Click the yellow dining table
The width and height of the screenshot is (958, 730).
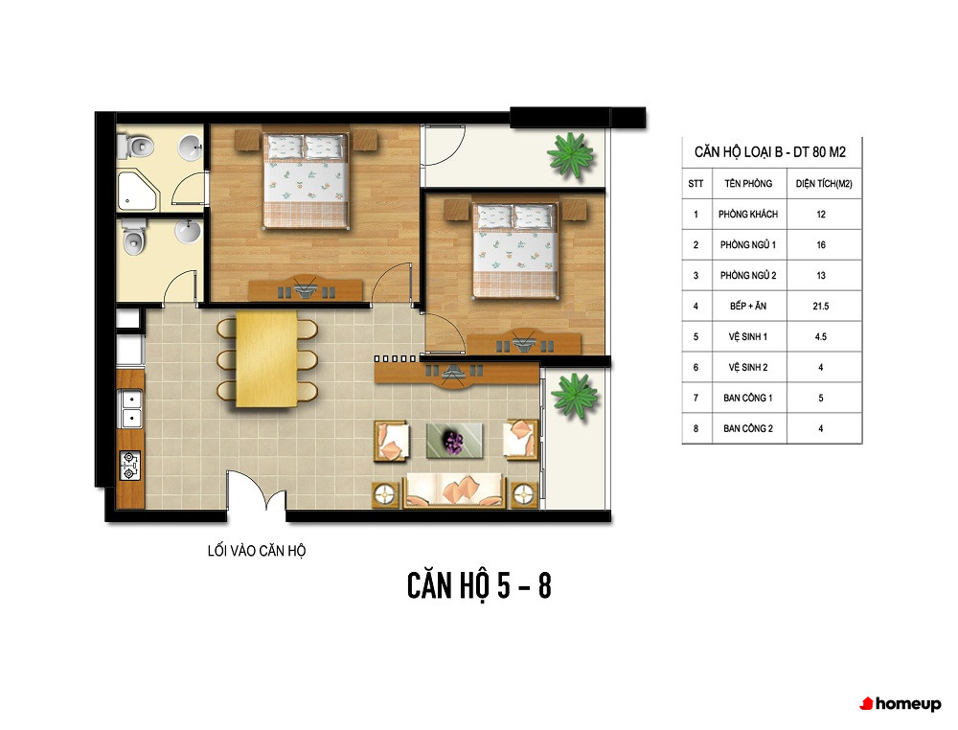[266, 358]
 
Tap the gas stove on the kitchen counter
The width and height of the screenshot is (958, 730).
[129, 465]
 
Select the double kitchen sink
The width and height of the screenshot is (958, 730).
[130, 409]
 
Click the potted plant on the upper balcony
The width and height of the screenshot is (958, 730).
[570, 155]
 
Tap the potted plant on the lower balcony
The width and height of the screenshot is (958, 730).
[575, 396]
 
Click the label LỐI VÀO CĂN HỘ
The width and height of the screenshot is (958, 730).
[257, 551]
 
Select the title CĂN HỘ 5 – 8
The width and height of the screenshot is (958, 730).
[479, 585]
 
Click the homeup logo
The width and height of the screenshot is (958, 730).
[901, 704]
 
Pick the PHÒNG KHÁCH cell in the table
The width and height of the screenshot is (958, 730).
[748, 215]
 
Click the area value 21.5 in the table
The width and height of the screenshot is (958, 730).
[821, 306]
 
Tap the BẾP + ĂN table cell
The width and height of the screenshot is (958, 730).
[748, 306]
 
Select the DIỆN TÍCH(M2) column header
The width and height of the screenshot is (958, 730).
[824, 184]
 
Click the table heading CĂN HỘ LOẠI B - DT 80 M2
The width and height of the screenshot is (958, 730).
[770, 152]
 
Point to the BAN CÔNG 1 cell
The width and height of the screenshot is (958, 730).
[748, 398]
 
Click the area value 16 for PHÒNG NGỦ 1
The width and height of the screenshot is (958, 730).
[821, 245]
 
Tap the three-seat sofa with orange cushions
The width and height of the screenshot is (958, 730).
[454, 490]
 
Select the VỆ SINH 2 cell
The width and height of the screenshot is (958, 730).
[748, 367]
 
